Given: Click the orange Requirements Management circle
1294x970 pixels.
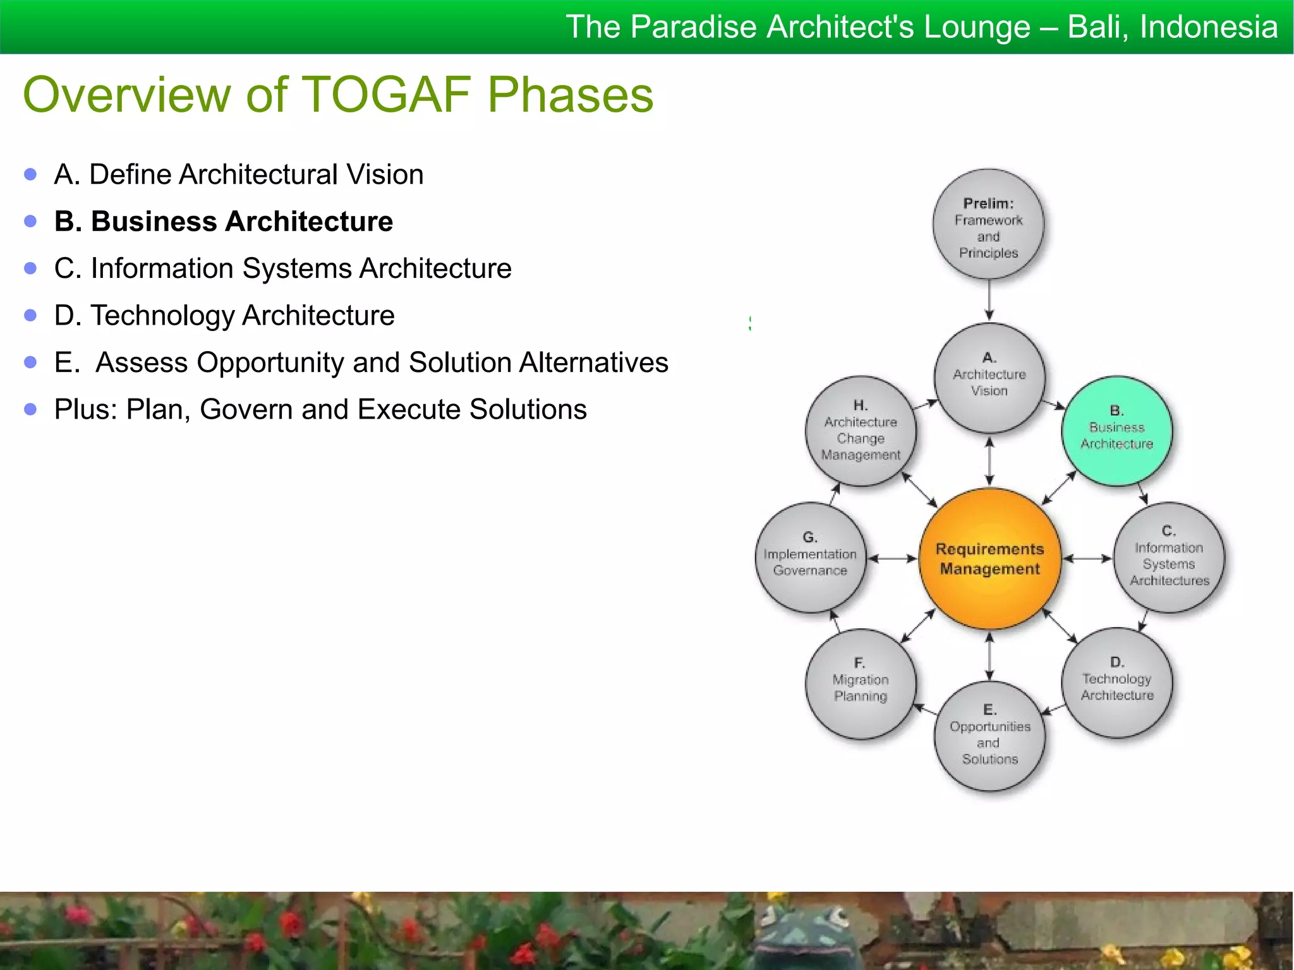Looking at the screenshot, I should (989, 558).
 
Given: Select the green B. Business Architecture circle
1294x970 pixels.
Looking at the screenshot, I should (1116, 431).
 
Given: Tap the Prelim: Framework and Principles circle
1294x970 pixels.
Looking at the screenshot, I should (989, 224).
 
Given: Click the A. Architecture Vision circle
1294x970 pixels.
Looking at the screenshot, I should (989, 378).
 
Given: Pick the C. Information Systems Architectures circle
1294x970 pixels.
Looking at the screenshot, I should (1169, 558).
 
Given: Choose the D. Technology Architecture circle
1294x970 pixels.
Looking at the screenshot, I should (1116, 683).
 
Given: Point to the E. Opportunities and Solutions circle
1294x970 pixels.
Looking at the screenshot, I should (989, 736).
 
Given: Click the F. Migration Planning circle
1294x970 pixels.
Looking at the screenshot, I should (861, 684).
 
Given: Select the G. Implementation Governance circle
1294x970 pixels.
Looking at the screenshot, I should (810, 557).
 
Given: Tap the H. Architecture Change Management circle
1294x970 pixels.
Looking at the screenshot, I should (861, 431).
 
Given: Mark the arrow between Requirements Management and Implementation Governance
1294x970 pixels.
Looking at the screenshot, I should (892, 558).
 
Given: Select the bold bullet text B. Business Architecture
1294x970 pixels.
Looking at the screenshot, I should (223, 222).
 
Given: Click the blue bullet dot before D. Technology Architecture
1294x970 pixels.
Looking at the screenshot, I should (30, 315).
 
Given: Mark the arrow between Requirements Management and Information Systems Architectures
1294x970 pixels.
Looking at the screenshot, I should (1087, 558).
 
